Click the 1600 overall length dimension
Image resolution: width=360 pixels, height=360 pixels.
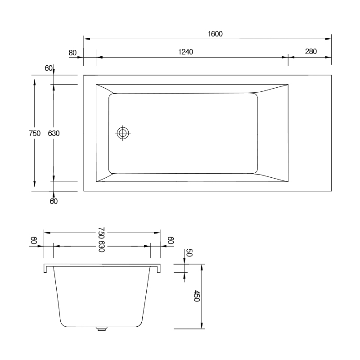pyautogui.click(x=215, y=34)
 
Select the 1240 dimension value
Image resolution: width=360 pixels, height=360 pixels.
pyautogui.click(x=185, y=52)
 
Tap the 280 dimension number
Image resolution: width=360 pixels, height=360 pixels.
pyautogui.click(x=311, y=51)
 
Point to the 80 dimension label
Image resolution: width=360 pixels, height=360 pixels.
pyautogui.click(x=72, y=53)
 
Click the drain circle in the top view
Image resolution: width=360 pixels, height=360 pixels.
pyautogui.click(x=122, y=133)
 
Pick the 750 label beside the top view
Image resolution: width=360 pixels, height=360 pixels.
pyautogui.click(x=35, y=133)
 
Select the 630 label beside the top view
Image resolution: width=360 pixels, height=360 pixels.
pyautogui.click(x=54, y=133)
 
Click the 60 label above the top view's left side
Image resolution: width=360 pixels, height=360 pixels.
pyautogui.click(x=49, y=68)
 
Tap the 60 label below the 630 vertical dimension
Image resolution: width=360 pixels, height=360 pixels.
pyautogui.click(x=54, y=201)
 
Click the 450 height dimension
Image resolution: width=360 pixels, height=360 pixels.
pyautogui.click(x=197, y=296)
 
